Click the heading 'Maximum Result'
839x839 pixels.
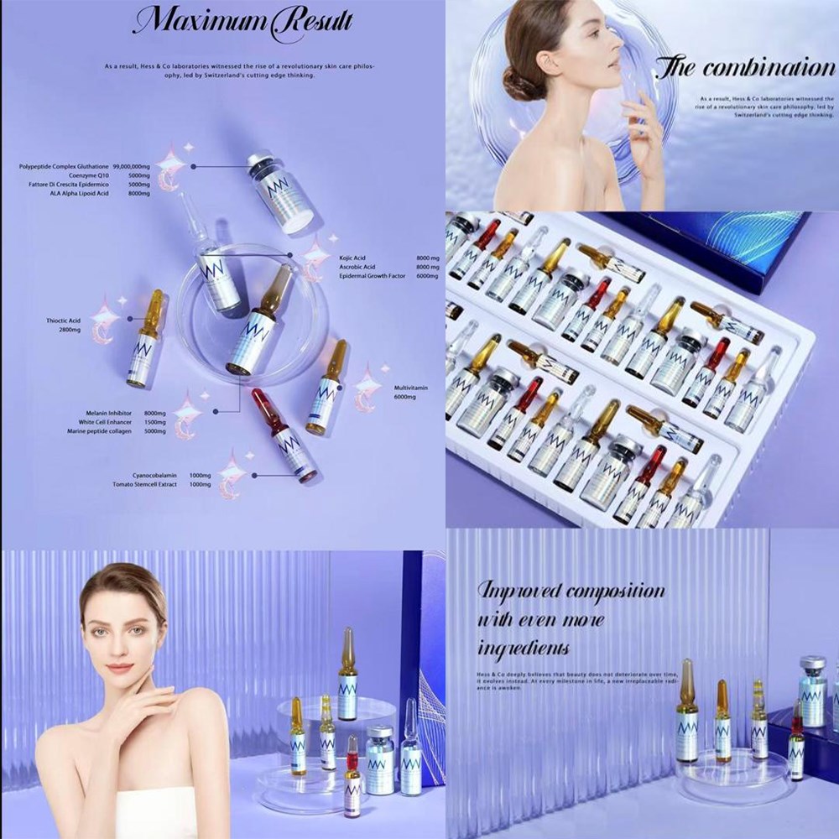coord(243,21)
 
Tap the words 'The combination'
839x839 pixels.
coord(743,68)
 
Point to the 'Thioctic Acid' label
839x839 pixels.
coord(64,320)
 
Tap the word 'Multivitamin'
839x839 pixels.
coord(412,388)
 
